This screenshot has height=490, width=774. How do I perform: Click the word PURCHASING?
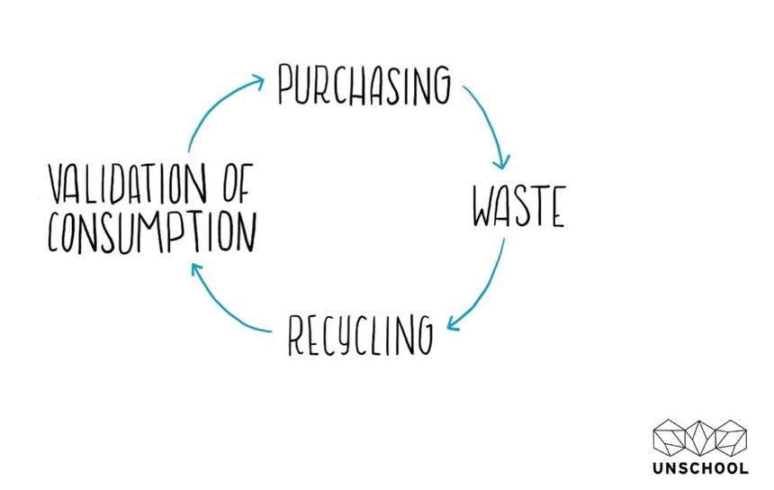coord(363,86)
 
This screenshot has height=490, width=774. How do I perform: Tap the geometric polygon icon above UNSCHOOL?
coord(700,437)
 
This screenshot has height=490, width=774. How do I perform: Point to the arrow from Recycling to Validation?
coord(225,306)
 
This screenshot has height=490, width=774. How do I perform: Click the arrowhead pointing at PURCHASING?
coord(257,80)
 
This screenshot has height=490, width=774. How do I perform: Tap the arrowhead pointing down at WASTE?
coord(502,162)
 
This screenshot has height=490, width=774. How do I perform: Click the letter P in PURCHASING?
coord(285,86)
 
